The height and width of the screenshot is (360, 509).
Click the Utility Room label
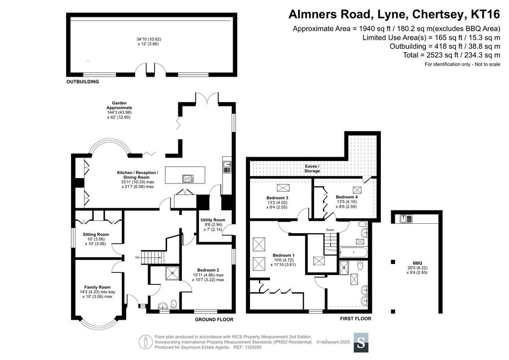(213, 220)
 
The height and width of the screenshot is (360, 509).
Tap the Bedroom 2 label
(208, 270)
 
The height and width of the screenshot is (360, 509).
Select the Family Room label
(97, 287)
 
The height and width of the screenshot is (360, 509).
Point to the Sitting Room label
(96, 234)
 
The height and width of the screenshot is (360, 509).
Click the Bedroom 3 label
(277, 198)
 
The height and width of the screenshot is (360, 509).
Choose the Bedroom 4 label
(346, 197)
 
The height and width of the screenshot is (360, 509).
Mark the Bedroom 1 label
(284, 255)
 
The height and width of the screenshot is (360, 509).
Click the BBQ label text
(418, 263)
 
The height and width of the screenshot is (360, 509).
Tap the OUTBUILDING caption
(83, 82)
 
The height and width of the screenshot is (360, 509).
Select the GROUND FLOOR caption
(214, 319)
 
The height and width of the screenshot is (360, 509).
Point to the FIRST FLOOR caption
(355, 319)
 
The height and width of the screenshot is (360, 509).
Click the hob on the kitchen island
(188, 179)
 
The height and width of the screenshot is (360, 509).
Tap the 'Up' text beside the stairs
(137, 257)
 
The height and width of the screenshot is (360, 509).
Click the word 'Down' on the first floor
(330, 230)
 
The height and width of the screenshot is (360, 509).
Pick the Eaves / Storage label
(312, 169)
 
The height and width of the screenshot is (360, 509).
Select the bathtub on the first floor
(353, 252)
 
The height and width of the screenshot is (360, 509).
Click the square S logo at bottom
(361, 343)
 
